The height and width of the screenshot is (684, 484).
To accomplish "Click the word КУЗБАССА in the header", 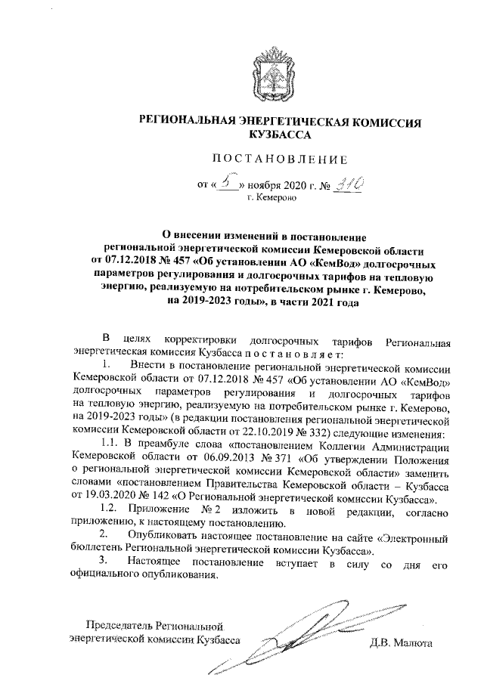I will coord(280,134).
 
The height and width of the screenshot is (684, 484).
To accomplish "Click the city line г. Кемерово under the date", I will coord(281,198).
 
